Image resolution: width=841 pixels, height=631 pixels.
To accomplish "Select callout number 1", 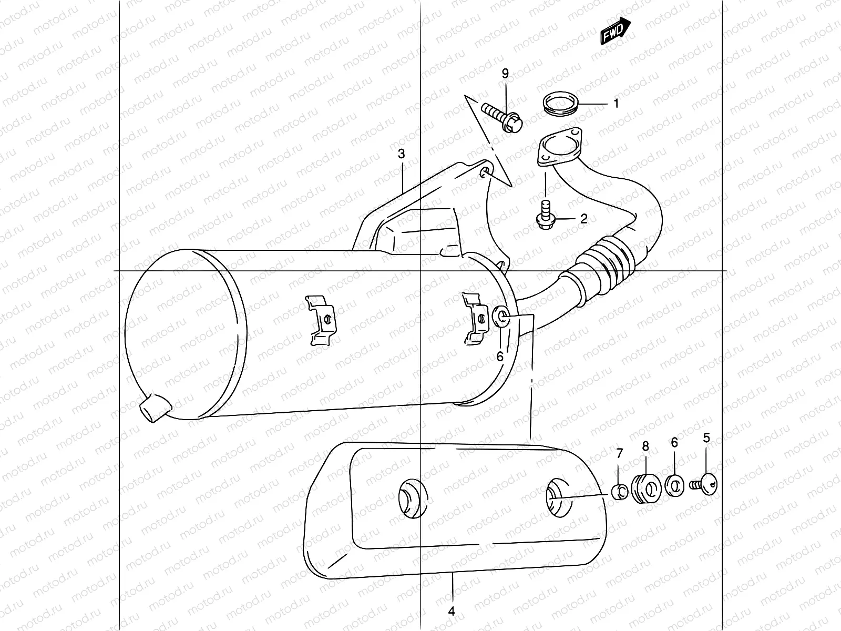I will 616,104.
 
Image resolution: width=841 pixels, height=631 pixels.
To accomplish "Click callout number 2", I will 583,219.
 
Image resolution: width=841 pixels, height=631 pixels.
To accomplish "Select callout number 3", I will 401,154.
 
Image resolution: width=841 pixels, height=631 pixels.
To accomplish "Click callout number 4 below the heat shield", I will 451,612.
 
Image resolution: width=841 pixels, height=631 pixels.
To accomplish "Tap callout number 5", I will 706,437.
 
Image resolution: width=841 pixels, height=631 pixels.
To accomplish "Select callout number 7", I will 620,453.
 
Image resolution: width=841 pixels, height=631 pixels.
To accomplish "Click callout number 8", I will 645,446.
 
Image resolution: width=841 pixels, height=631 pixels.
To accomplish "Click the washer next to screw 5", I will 674,485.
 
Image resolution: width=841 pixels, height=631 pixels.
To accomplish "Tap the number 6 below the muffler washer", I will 500,357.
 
